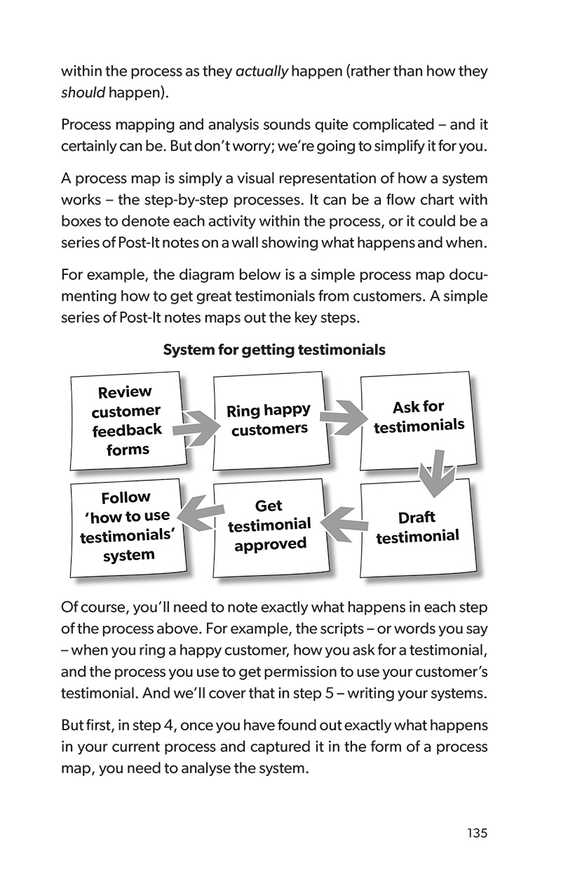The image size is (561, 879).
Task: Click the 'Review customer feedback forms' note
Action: [127, 421]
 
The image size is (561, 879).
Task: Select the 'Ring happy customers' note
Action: [269, 420]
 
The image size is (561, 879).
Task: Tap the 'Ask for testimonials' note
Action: [419, 417]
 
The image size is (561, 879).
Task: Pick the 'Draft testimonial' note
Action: [417, 527]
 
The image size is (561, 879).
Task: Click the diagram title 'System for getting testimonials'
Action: [274, 349]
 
